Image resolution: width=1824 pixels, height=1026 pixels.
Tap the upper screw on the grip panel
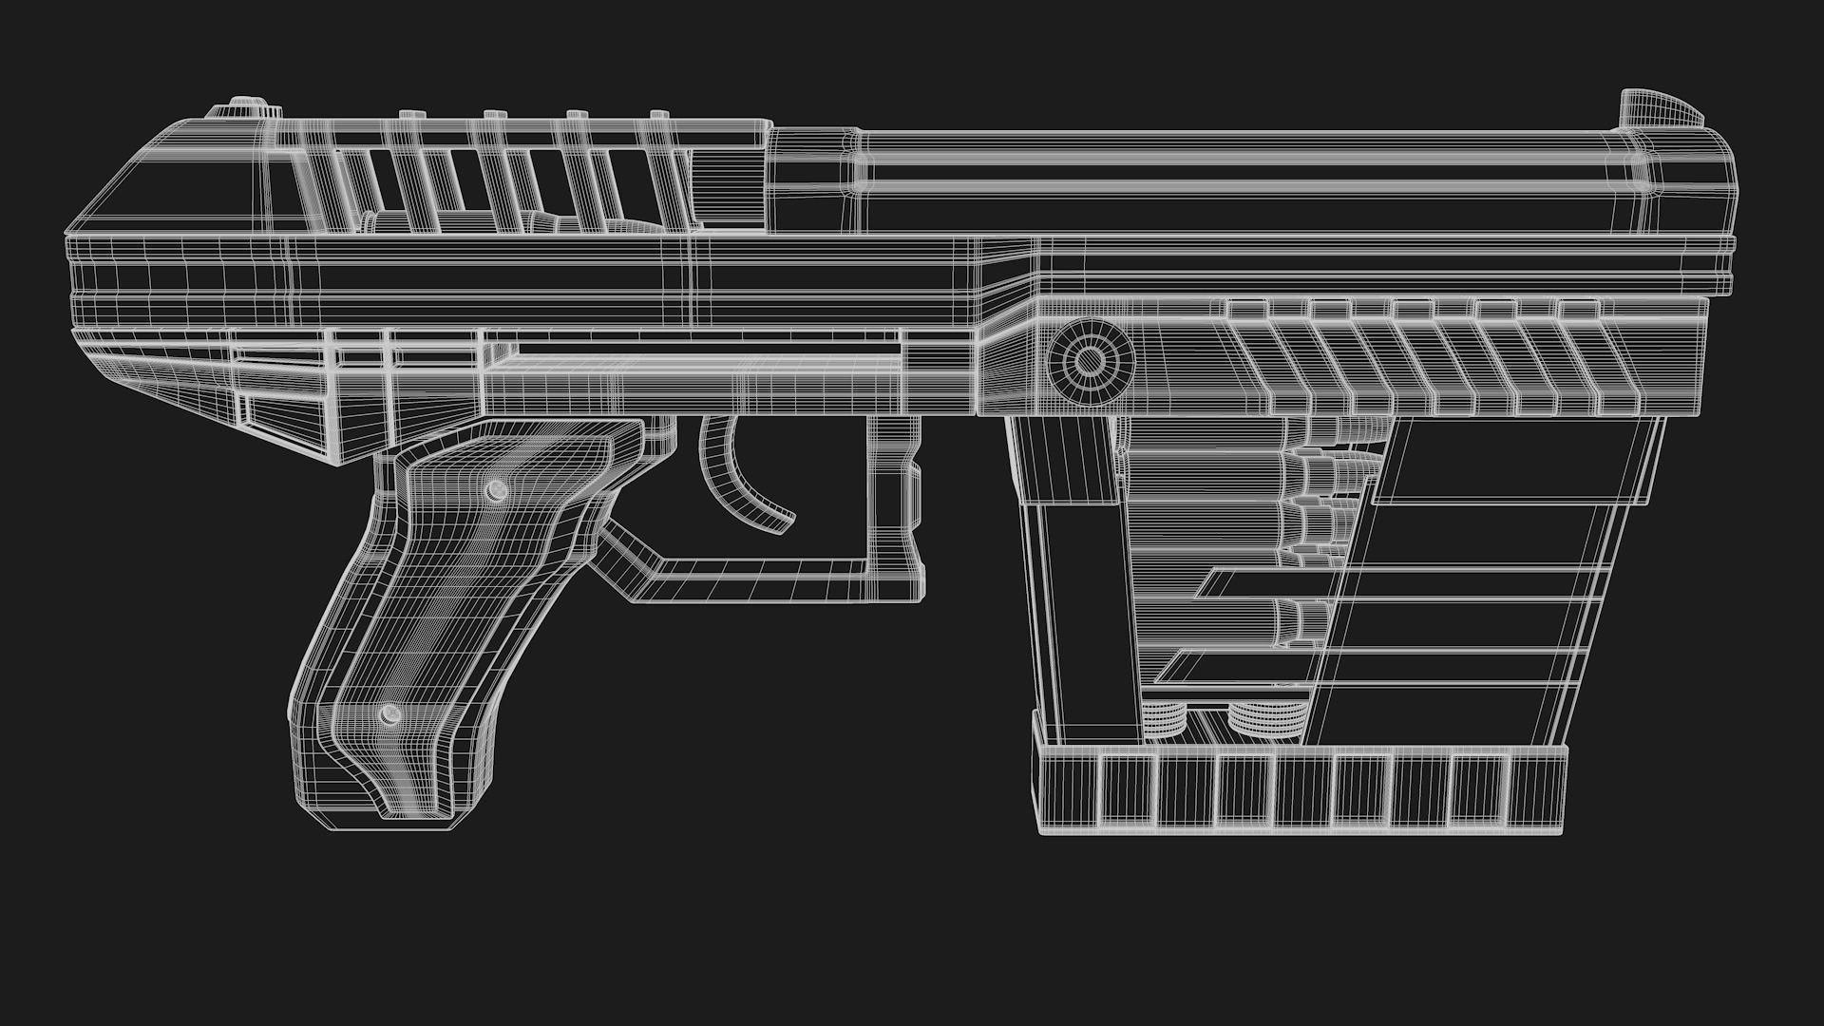point(495,490)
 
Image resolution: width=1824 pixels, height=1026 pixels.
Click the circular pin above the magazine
point(1091,361)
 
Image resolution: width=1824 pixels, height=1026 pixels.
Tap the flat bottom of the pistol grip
point(380,819)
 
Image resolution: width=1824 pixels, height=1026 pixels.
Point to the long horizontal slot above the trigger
point(693,351)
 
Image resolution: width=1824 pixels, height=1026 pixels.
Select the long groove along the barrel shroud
point(1235,177)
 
